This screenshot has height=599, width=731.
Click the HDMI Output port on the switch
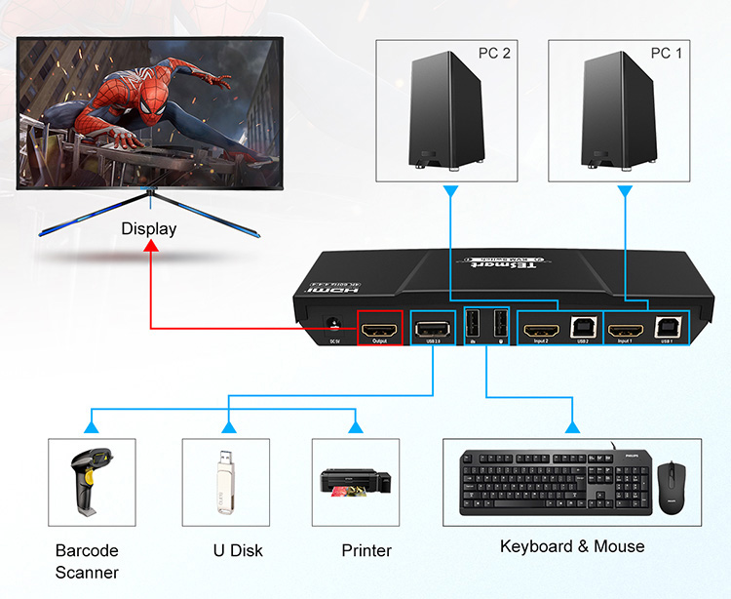click(x=380, y=332)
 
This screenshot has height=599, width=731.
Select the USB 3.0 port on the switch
click(x=431, y=331)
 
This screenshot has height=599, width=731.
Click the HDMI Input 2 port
click(x=541, y=332)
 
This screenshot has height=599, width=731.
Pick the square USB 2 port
click(x=582, y=331)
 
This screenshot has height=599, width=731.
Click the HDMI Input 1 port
click(x=625, y=332)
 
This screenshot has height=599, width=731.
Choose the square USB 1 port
click(x=668, y=331)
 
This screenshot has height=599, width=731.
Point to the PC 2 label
click(x=494, y=53)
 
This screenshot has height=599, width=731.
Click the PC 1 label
click(x=667, y=53)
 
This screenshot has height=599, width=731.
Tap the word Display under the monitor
click(x=149, y=229)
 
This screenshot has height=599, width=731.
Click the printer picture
click(x=356, y=480)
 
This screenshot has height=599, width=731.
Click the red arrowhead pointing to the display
click(x=150, y=248)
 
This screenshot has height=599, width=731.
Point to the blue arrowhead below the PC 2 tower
click(x=449, y=193)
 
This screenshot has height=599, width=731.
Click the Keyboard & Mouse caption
click(x=572, y=546)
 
